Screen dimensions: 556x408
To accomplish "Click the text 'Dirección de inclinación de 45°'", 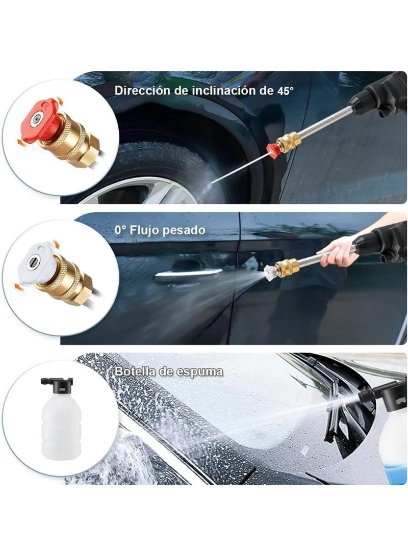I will pos(204,91).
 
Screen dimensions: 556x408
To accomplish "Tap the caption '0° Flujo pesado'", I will pos(160,230).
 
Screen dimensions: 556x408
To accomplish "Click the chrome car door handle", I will pos(188,274).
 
